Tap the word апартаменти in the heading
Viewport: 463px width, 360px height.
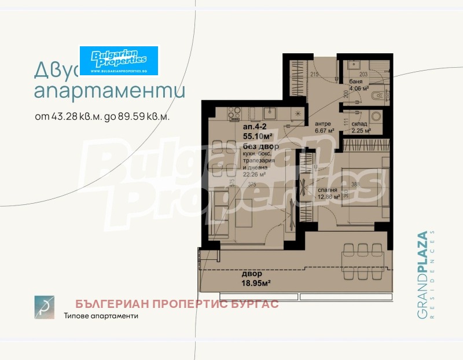coord(110,92)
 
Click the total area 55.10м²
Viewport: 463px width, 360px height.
coord(258,135)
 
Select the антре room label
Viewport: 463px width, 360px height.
coord(323,124)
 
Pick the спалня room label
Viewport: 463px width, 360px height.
coord(328,189)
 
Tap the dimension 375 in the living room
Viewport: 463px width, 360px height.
coord(251,185)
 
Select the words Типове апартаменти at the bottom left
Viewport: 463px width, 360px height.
coord(101,316)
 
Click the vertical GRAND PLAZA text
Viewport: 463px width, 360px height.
coord(422,275)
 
